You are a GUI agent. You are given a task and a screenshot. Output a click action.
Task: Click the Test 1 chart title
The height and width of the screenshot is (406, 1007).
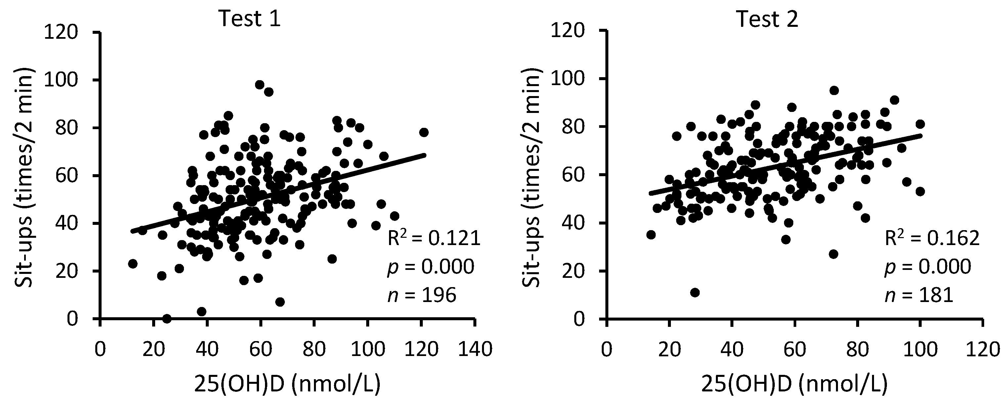(249, 19)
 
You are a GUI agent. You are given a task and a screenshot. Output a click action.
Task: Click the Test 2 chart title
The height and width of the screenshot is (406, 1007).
(766, 19)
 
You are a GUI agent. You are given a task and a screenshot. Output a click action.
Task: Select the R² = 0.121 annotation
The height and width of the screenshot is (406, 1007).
(433, 238)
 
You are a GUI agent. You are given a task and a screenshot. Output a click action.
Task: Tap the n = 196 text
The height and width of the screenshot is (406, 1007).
(421, 295)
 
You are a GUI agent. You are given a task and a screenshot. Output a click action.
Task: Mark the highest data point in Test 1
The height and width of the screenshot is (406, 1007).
(260, 84)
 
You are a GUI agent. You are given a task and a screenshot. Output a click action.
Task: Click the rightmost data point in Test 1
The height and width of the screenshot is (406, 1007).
(424, 132)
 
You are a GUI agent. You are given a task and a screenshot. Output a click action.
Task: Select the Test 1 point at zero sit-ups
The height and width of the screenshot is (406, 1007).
(167, 318)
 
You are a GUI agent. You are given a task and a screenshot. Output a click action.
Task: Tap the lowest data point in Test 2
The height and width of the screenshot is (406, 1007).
(695, 292)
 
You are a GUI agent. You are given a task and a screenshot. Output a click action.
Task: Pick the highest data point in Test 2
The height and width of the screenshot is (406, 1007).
(834, 90)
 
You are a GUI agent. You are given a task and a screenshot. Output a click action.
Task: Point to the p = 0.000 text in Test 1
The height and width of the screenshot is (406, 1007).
(430, 267)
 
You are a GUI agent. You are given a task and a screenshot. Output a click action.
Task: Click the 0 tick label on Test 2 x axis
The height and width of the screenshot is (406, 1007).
(606, 349)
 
